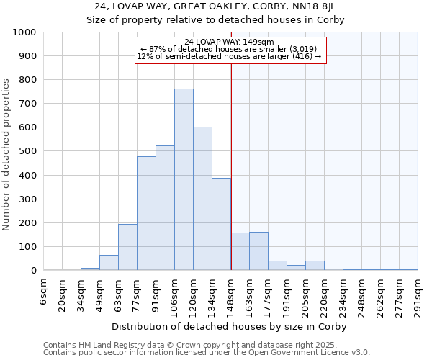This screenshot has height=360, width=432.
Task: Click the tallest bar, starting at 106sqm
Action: click(x=184, y=180)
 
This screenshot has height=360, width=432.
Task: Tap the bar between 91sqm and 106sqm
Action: click(x=165, y=208)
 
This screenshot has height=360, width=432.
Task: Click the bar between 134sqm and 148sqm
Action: click(x=221, y=224)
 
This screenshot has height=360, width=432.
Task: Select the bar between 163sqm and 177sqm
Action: click(x=258, y=251)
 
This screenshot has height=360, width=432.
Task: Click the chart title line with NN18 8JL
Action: click(x=215, y=6)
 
